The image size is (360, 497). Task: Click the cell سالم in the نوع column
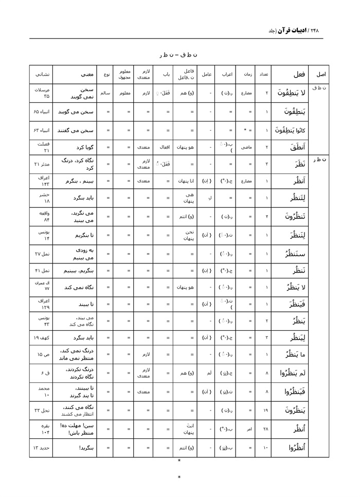(x=105, y=93)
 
